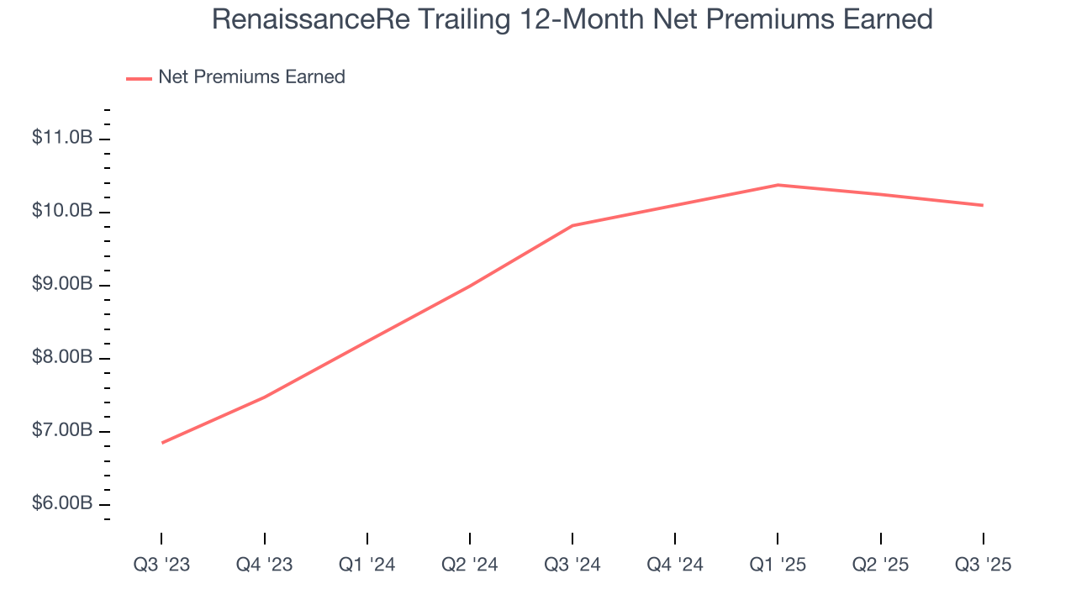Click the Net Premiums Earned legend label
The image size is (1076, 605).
click(251, 77)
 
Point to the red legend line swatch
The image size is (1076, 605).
click(139, 78)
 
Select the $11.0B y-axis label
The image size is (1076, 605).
click(62, 138)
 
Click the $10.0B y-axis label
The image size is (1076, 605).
click(62, 211)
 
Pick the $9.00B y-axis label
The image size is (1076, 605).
click(62, 284)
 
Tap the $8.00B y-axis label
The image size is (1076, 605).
click(62, 358)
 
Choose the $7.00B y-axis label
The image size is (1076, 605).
click(62, 431)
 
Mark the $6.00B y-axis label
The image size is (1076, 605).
click(62, 504)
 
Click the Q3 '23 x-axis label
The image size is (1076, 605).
click(161, 566)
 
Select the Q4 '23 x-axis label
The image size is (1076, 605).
click(264, 566)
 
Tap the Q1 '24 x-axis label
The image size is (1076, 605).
click(367, 566)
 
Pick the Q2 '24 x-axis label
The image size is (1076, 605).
click(469, 566)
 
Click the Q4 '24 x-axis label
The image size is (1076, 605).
click(675, 566)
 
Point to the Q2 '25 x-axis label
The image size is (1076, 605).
click(880, 566)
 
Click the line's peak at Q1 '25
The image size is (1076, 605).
click(778, 185)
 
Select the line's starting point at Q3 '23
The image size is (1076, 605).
click(161, 443)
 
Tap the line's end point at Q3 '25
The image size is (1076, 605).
click(983, 205)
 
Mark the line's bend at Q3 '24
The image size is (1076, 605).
click(572, 225)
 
